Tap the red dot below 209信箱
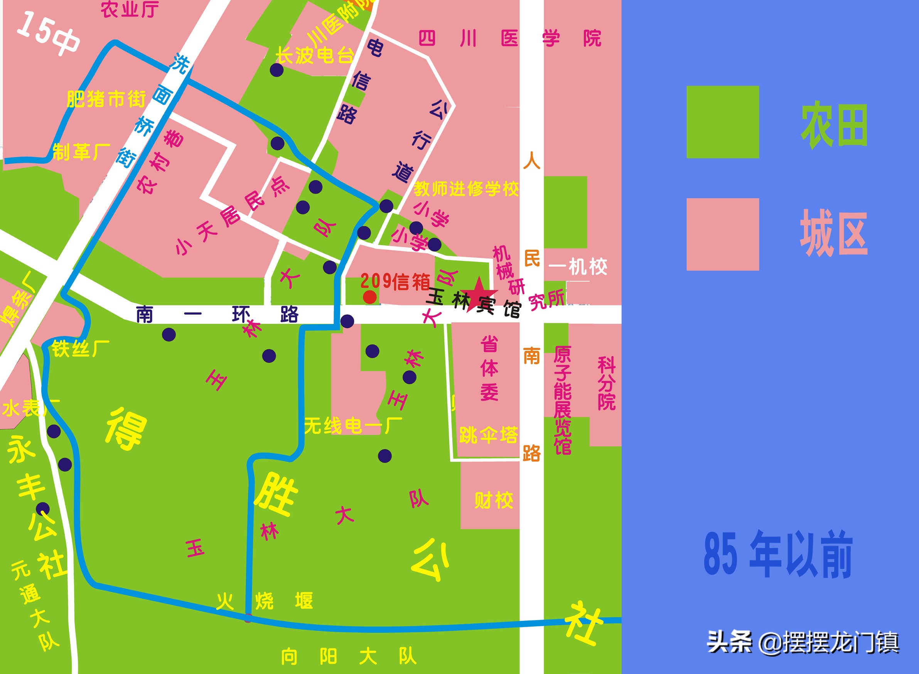tap(369, 297)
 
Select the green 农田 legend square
tap(723, 122)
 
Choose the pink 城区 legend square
tap(723, 234)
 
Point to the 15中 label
tap(48, 35)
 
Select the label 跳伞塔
tap(489, 435)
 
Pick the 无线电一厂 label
tap(353, 426)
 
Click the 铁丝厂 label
tap(81, 349)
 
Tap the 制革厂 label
tap(82, 152)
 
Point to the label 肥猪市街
tap(106, 99)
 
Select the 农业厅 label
tap(130, 9)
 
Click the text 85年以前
tap(778, 555)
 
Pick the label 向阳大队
tap(348, 656)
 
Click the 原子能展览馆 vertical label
tap(562, 400)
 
